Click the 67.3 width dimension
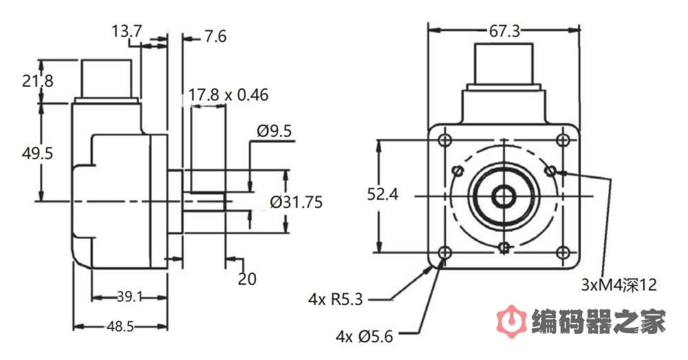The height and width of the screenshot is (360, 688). click(504, 30)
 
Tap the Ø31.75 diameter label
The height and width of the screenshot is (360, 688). click(296, 202)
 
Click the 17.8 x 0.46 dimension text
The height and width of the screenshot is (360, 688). click(228, 95)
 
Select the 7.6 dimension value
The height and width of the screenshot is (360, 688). click(215, 36)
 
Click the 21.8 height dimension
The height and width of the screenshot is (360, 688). click(37, 81)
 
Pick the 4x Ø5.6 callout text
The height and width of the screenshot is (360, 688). click(364, 337)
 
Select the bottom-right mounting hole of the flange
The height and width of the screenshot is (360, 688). click(563, 251)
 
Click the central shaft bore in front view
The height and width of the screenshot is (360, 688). click(504, 195)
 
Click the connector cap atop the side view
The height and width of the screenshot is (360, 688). click(107, 78)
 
